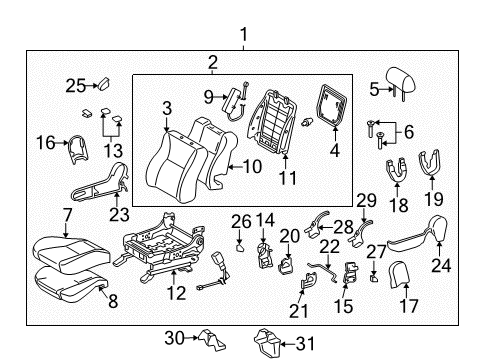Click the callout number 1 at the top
243,37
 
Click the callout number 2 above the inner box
211,64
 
